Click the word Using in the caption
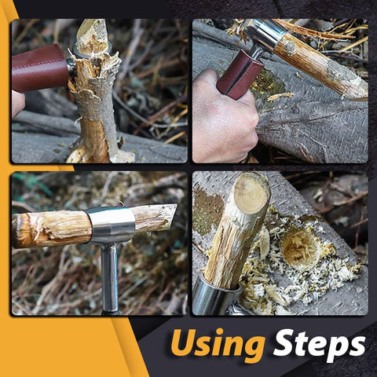(217, 345)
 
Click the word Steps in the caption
(319, 344)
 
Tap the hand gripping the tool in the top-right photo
(225, 115)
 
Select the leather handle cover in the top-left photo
(40, 68)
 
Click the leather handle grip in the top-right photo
(240, 75)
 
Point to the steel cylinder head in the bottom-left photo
(111, 225)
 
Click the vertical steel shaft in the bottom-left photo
(110, 277)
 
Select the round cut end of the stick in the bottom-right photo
(251, 192)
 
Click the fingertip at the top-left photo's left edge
(18, 104)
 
